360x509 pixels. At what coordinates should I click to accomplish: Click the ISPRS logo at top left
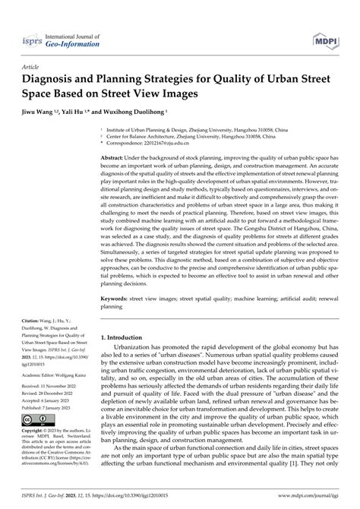pos(29,38)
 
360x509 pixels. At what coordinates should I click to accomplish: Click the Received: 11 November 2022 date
pos(52,407)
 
